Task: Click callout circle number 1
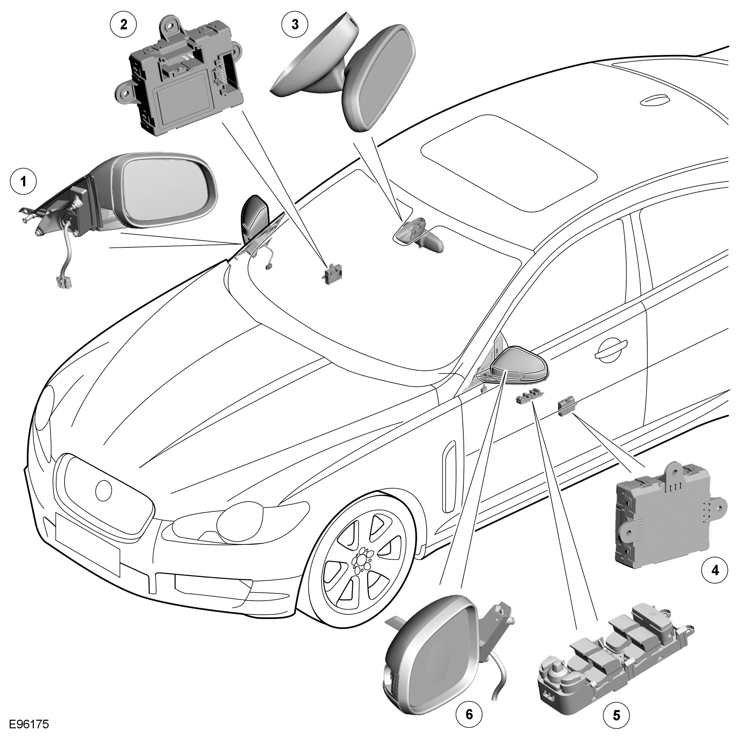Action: [x=24, y=181]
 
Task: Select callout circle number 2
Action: [x=124, y=24]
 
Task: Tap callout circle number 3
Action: [x=295, y=24]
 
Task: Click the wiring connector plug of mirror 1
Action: [x=61, y=284]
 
